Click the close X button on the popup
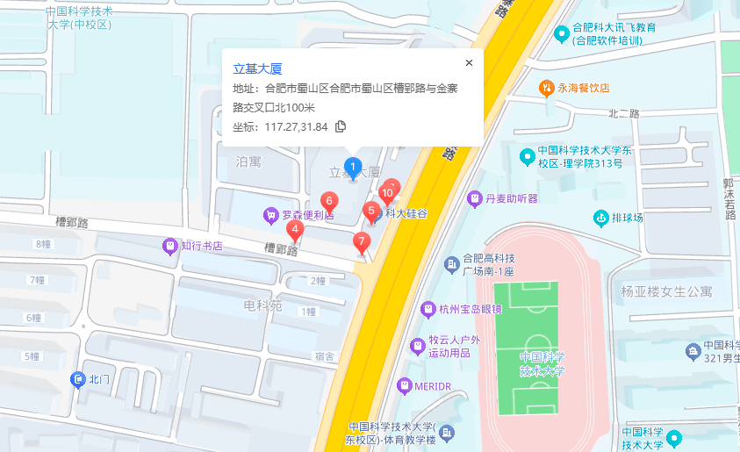[469, 62]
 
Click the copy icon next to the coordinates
[341, 126]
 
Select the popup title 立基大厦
[257, 68]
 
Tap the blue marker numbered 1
[353, 167]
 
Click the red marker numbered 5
[372, 212]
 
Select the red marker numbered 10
[387, 193]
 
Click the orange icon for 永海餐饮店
[545, 88]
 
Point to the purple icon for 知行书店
[170, 246]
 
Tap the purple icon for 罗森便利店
[271, 214]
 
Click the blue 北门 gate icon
[77, 379]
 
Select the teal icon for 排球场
[601, 218]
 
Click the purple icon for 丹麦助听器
[475, 198]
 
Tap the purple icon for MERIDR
[405, 384]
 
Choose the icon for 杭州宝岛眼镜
[427, 308]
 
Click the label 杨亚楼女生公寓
[666, 291]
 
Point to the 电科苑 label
[262, 305]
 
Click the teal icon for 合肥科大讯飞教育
[562, 34]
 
